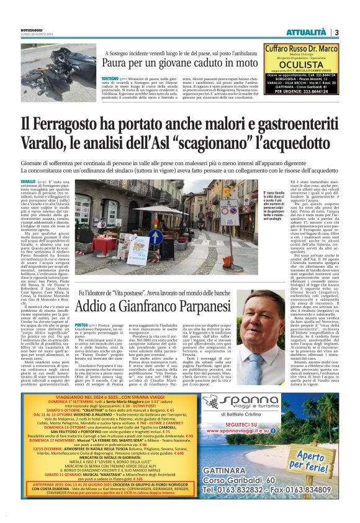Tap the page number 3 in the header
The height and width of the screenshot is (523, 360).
[x=336, y=32]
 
